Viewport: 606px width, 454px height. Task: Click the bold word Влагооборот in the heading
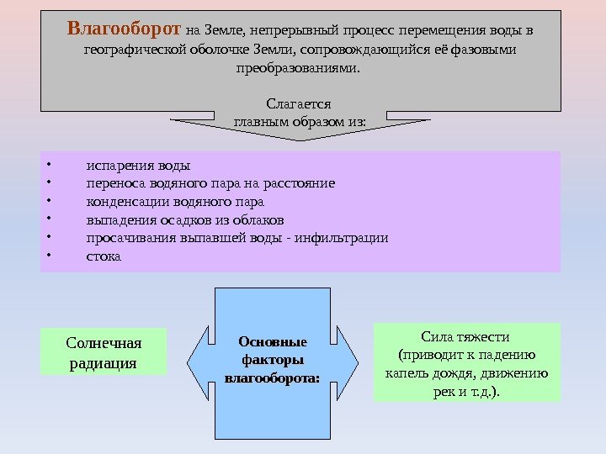pos(124,31)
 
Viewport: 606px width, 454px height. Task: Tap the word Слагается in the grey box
pos(298,103)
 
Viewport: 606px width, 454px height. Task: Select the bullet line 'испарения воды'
pos(138,165)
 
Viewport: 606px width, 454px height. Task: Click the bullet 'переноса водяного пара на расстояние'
pos(210,183)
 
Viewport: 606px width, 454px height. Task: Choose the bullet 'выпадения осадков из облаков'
pos(185,220)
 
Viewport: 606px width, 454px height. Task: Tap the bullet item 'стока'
pos(104,256)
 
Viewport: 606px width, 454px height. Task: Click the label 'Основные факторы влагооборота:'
pos(273,360)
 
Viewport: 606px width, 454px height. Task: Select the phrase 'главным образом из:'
pos(299,122)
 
